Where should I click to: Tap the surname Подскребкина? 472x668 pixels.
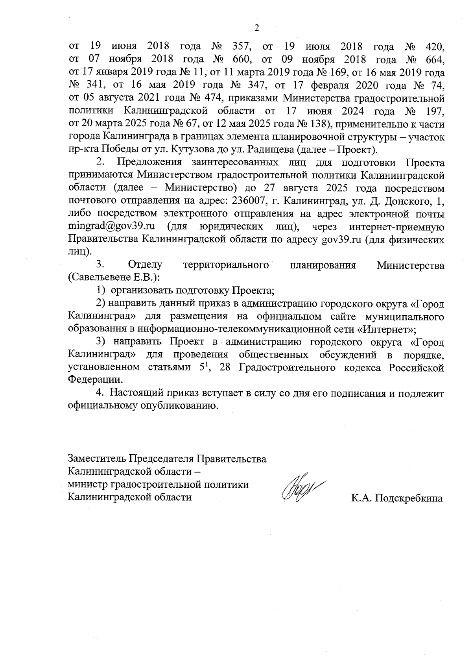[x=409, y=498]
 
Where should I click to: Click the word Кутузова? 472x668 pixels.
[x=194, y=150]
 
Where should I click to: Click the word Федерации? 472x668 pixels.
[x=94, y=380]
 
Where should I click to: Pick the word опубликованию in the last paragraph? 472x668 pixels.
[x=179, y=406]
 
